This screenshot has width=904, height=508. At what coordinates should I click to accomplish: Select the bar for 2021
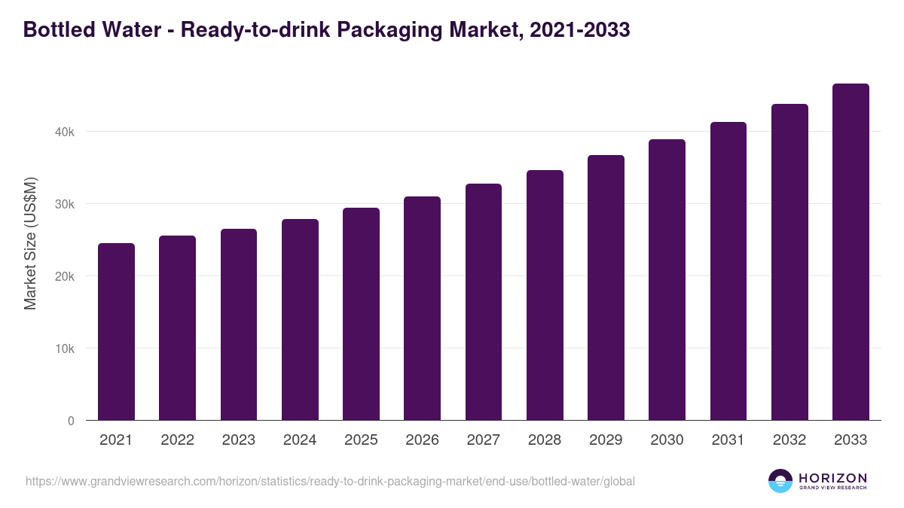(116, 332)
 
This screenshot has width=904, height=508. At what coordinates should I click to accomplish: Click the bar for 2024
(300, 320)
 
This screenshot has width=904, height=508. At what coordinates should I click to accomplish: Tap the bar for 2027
(484, 302)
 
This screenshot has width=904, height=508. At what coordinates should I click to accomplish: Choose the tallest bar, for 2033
(851, 252)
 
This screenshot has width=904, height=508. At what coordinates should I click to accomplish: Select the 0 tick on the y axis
(71, 421)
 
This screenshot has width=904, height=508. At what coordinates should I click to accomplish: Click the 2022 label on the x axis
(177, 440)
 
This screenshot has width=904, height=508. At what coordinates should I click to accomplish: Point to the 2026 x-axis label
(422, 440)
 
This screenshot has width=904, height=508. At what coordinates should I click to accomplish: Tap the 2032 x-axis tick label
(789, 440)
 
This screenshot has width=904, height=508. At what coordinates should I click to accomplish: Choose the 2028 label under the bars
(545, 440)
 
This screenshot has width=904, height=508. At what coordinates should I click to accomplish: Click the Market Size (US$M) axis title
(30, 243)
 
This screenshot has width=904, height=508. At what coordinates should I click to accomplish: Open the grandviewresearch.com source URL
(330, 481)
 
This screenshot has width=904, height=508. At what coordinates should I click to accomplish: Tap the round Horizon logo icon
(780, 481)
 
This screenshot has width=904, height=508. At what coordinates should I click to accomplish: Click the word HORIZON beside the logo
(832, 477)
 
